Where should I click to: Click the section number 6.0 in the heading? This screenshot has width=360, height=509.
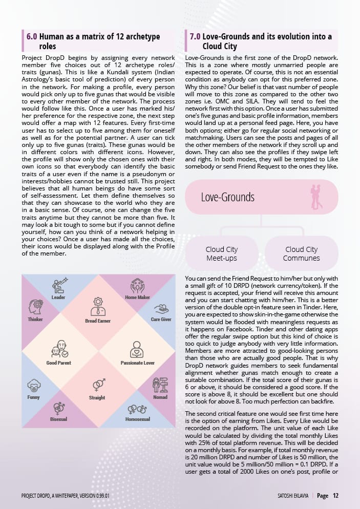click(32, 37)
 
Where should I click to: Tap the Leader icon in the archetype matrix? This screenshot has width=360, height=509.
click(60, 285)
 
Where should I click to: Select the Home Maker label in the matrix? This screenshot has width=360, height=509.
click(137, 297)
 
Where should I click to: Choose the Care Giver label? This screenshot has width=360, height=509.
click(161, 319)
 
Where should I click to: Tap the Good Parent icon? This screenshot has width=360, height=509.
click(59, 349)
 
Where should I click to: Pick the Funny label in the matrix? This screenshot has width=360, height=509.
click(33, 397)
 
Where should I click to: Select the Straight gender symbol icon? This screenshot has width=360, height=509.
click(98, 384)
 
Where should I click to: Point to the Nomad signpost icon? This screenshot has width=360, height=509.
click(160, 385)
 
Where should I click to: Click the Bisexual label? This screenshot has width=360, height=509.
click(59, 418)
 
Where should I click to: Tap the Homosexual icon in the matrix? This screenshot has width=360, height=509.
click(137, 409)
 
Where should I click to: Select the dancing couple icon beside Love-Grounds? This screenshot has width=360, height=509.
click(317, 197)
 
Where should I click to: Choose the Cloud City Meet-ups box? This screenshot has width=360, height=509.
click(222, 253)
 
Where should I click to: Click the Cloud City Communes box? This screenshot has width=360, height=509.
click(302, 253)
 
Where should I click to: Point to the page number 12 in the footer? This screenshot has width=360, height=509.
click(336, 495)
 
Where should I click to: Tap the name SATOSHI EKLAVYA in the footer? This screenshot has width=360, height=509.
click(290, 496)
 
